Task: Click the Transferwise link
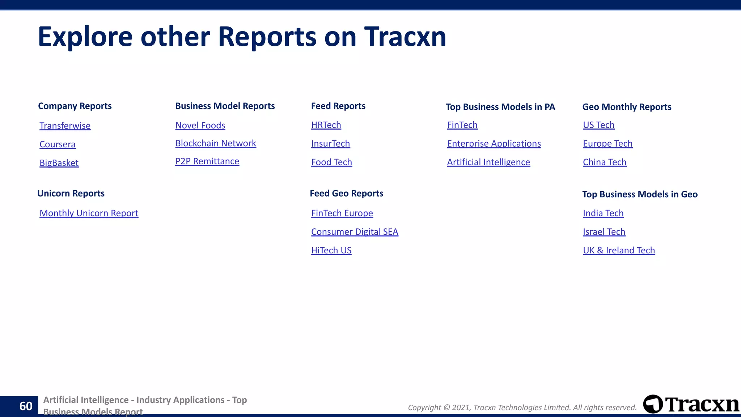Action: pos(65,126)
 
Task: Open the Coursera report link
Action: pos(58,144)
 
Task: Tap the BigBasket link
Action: pos(59,163)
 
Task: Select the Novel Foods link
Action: pos(200,125)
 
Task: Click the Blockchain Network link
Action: pos(216,143)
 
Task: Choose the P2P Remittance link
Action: pos(207,161)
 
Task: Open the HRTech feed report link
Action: pos(326,125)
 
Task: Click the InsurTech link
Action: pos(330,144)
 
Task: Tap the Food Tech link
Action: pos(331,162)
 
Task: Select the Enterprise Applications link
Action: pos(494,144)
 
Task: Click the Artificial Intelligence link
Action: pos(488,162)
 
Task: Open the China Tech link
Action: pos(604,162)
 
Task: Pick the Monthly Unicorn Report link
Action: pos(89,213)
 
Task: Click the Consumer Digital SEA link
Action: pos(355,232)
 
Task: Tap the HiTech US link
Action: pos(331,250)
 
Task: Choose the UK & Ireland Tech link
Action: pos(619,250)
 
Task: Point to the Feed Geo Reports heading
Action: pos(346,193)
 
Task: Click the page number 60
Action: pos(26,406)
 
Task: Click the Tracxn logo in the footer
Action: pos(691,404)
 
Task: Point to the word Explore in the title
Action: pos(85,37)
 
